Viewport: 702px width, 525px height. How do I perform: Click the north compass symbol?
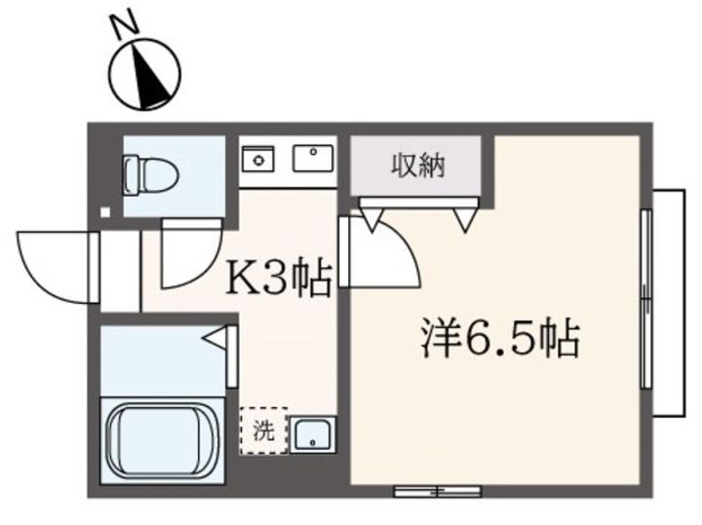click(146, 76)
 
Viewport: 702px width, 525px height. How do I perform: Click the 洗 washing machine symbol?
click(264, 430)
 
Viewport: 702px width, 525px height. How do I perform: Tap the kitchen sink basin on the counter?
click(312, 156)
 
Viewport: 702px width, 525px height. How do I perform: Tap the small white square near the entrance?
click(105, 210)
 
